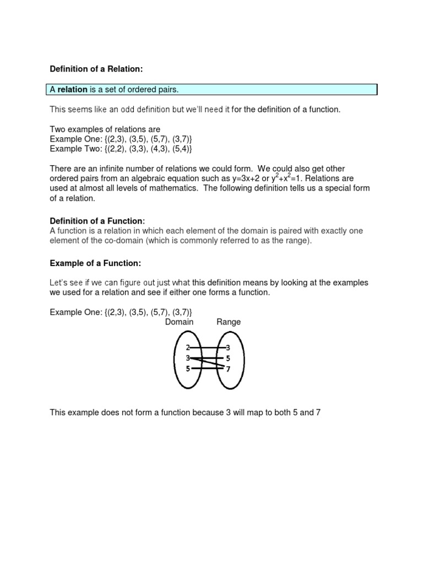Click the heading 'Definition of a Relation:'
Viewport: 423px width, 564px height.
tap(96, 69)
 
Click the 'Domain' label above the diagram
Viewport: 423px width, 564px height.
tap(179, 322)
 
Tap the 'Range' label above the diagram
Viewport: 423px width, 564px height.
tap(229, 322)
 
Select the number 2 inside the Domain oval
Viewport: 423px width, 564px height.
tap(188, 348)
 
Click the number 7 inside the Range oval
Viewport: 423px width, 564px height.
tap(228, 369)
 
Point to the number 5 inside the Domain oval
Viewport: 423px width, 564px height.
tap(188, 369)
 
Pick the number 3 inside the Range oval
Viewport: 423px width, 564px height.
tap(228, 348)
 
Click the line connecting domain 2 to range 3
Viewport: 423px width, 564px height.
tap(208, 348)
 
